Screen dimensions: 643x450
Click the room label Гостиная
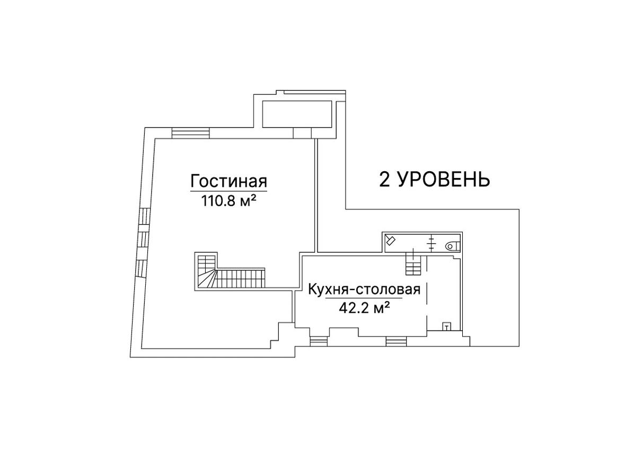(229, 181)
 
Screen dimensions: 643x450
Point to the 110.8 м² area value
(228, 201)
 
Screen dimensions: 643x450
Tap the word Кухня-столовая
(364, 289)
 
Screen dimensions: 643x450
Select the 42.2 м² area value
(364, 308)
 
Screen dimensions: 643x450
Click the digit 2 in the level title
(385, 180)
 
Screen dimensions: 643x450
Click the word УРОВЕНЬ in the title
(444, 180)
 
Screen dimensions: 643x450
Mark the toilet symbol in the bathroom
(452, 246)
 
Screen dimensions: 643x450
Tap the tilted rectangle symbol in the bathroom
(390, 240)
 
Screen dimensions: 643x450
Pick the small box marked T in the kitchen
(446, 327)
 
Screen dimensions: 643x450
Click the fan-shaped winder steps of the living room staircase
(206, 278)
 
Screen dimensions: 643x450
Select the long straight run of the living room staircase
(240, 278)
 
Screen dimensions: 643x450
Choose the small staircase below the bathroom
(413, 264)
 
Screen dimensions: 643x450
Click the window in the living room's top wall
(191, 133)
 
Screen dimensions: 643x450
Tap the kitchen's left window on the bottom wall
(319, 341)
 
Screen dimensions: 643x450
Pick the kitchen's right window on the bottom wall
(397, 341)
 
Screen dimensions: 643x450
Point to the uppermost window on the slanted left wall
(144, 217)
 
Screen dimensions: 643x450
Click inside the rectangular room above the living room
(297, 114)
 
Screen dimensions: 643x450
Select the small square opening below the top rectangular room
(302, 133)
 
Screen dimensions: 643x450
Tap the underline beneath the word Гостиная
(229, 191)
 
